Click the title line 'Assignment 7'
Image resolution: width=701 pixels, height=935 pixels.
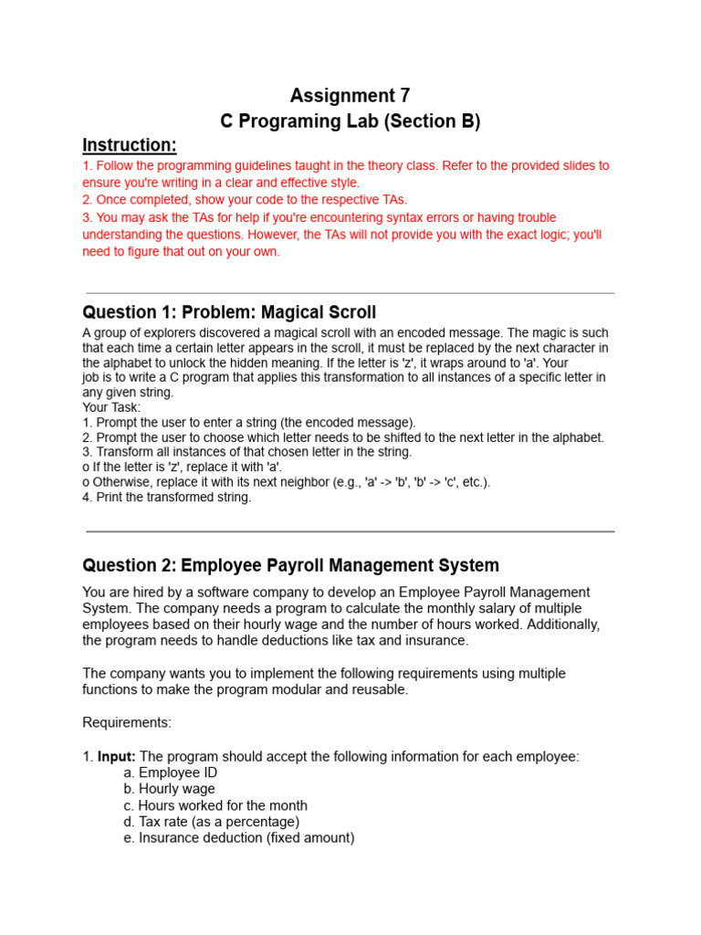(350, 96)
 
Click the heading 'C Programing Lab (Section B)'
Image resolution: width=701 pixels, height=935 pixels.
(350, 121)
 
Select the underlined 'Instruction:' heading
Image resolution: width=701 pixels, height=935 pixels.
(129, 145)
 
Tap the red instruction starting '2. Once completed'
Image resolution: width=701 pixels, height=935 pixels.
(245, 199)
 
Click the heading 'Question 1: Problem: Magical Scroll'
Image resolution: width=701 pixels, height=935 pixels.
(229, 312)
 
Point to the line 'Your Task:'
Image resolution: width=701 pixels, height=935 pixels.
(111, 407)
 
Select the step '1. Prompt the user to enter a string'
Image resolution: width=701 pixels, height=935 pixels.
(249, 423)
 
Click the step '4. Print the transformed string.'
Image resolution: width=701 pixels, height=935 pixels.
(166, 498)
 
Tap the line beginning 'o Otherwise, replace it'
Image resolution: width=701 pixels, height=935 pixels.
(286, 482)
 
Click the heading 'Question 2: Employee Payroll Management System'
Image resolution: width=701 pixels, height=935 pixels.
(290, 565)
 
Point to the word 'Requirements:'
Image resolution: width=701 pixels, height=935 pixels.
(127, 722)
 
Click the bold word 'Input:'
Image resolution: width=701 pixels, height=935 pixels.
(117, 756)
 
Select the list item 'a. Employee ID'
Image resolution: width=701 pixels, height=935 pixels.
(170, 772)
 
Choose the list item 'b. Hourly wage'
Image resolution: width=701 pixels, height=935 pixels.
(169, 789)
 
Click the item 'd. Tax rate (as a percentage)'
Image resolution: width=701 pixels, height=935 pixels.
(211, 822)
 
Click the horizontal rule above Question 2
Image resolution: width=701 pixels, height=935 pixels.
(350, 531)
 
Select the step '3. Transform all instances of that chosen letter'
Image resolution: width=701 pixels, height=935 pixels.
(246, 452)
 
